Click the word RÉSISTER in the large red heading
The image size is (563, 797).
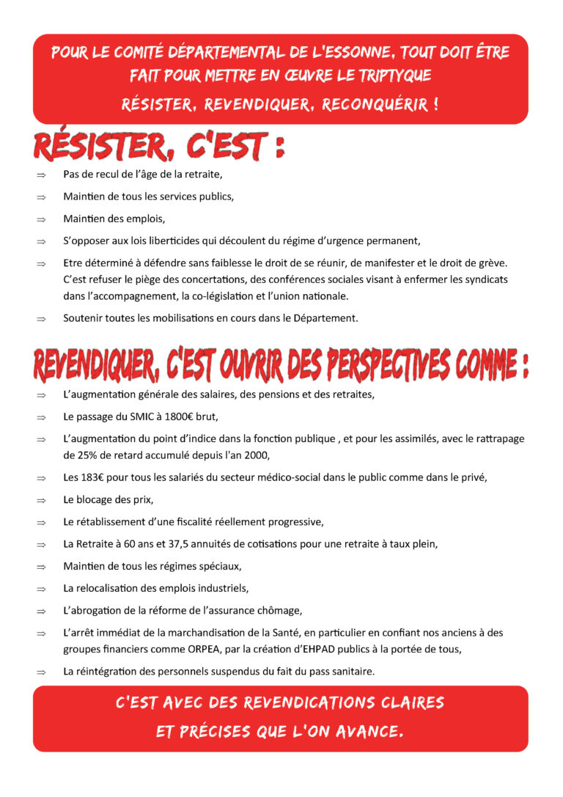click(102, 147)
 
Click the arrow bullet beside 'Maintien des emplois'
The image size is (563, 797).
click(41, 218)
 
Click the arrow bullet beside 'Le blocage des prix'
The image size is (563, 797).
click(41, 500)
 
